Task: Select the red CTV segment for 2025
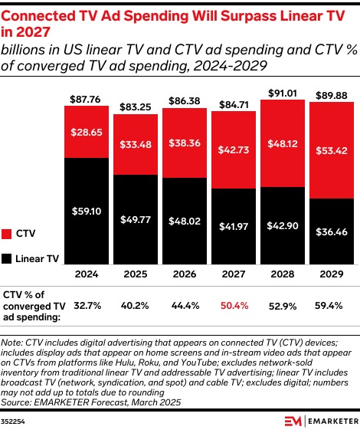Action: click(136, 144)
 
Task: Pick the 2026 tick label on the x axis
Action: click(185, 273)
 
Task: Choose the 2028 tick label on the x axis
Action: click(283, 273)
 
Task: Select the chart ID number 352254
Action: click(14, 420)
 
